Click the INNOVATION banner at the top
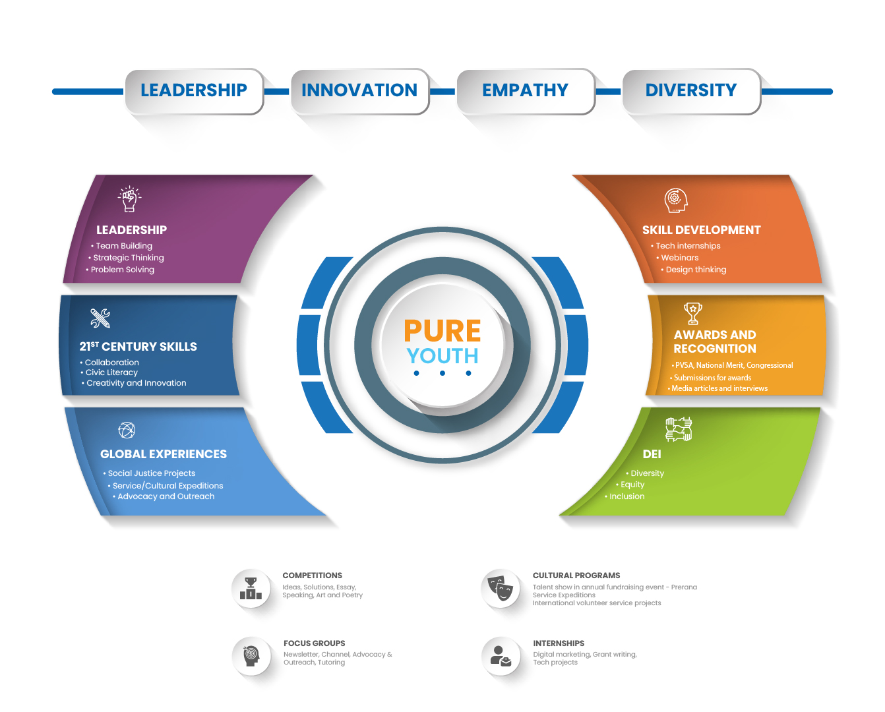click(359, 90)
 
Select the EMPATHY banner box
click(525, 90)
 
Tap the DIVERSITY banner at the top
click(690, 90)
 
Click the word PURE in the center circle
click(442, 330)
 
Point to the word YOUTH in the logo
click(442, 356)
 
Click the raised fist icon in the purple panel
click(129, 198)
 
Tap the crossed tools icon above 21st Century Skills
click(100, 318)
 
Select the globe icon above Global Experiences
click(127, 430)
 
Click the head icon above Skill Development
click(675, 200)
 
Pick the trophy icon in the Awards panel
click(693, 313)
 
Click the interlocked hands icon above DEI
click(678, 429)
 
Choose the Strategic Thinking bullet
click(129, 258)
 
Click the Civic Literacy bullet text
click(111, 372)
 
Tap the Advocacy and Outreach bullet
click(166, 496)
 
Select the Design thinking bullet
click(696, 270)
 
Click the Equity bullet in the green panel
click(632, 485)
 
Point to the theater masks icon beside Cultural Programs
click(501, 587)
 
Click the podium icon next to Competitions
click(251, 588)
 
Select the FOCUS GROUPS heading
click(314, 643)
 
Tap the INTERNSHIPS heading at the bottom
click(559, 643)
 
